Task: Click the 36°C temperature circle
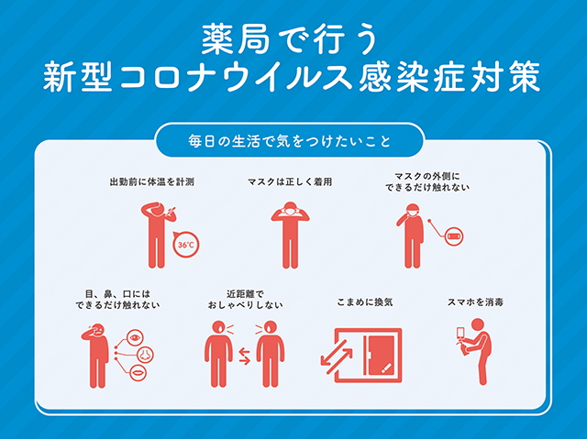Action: [x=186, y=245]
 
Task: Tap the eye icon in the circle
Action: [x=135, y=337]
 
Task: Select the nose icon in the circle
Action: [x=145, y=355]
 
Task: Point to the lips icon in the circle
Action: [x=138, y=373]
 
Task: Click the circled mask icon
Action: [x=454, y=236]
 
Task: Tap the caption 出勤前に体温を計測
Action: [x=152, y=182]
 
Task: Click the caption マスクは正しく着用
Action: [x=290, y=182]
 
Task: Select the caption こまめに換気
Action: [x=365, y=302]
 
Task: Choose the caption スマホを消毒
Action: [x=475, y=302]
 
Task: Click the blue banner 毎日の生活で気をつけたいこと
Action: [x=290, y=141]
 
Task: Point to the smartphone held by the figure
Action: [x=460, y=334]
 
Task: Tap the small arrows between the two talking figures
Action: [x=245, y=356]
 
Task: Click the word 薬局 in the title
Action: [x=236, y=39]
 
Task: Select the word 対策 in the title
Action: [x=505, y=77]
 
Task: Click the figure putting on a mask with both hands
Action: [x=290, y=235]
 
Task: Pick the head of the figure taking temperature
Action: [x=157, y=210]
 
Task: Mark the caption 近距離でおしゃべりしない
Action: [x=245, y=300]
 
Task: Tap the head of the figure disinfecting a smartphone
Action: [x=478, y=324]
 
